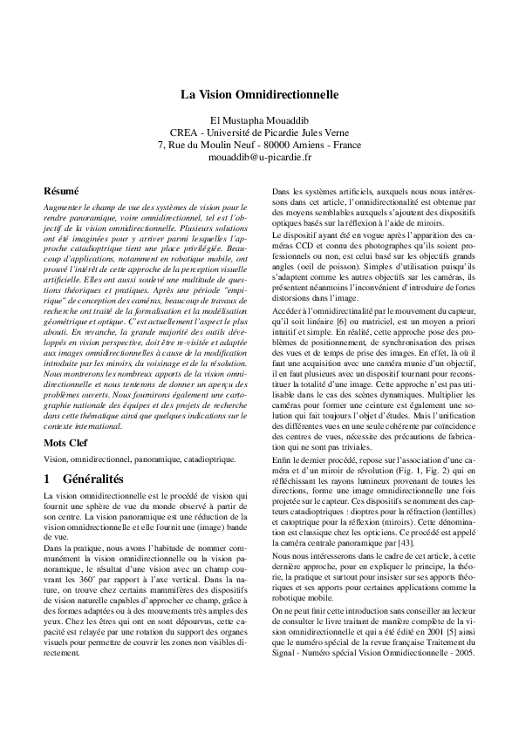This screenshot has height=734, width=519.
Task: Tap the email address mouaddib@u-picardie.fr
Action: pyautogui.click(x=259, y=157)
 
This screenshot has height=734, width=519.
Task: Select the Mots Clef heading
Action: pyautogui.click(x=68, y=442)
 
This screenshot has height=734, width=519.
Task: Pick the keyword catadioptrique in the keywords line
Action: pyautogui.click(x=207, y=457)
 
